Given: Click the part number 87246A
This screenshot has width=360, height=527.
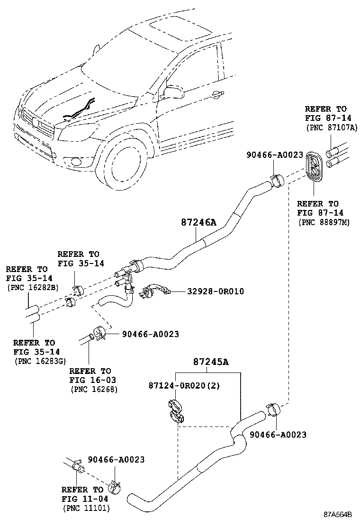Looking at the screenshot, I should [198, 222].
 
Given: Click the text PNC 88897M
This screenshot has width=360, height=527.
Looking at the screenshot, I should [324, 222].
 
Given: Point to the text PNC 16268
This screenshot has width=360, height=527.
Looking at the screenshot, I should [93, 389].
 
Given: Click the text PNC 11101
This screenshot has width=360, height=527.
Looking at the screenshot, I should [86, 508].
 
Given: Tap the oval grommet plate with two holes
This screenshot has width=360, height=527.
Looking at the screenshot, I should [313, 167].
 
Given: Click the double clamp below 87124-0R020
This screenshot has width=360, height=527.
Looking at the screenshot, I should [176, 411].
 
